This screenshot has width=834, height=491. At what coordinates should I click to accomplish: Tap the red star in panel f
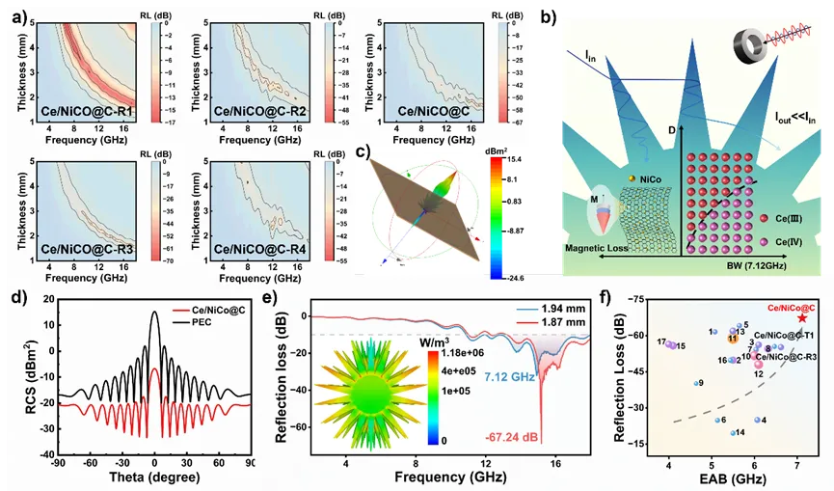coord(802,317)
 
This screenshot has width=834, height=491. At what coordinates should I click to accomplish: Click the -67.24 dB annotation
coord(512,439)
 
